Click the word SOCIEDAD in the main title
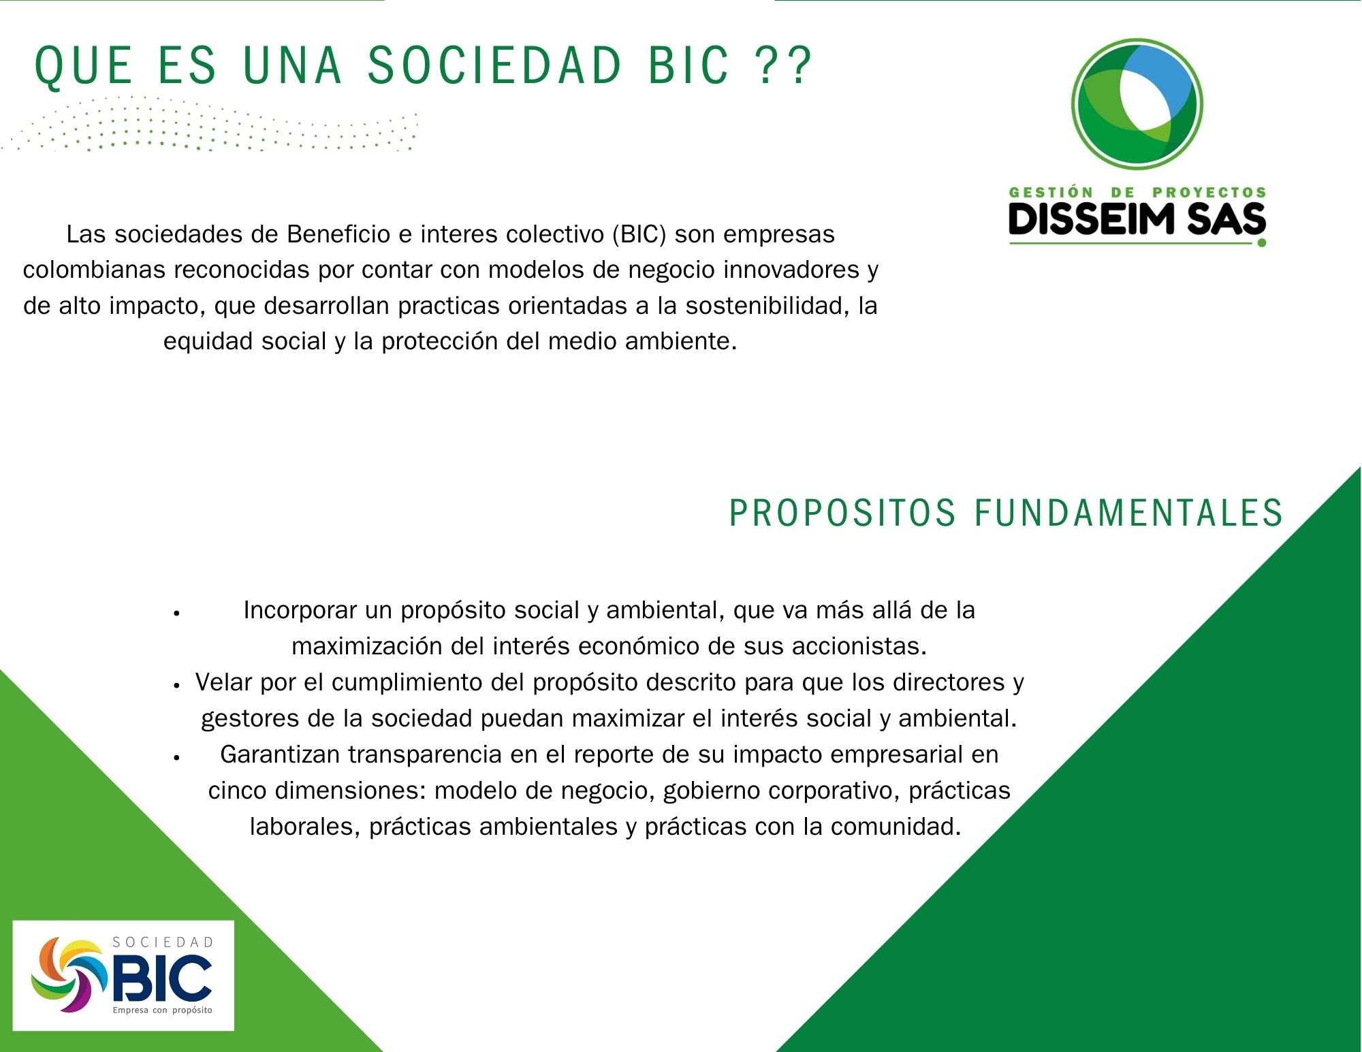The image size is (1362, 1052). coord(495,65)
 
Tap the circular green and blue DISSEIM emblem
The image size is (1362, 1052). coord(1137,103)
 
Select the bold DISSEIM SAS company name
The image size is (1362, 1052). coord(1137,220)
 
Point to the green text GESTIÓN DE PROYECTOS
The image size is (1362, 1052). coord(1137,193)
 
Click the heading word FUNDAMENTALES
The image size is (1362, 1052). coord(1128,513)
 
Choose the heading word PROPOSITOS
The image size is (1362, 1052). coord(842,513)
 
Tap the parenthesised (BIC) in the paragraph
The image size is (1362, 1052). coord(639,234)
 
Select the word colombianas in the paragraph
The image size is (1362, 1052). coord(95,270)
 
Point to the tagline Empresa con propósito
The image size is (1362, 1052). coord(163,1010)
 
